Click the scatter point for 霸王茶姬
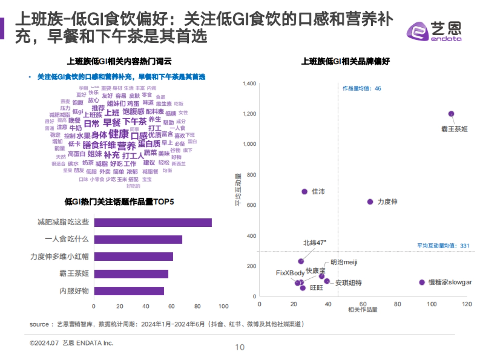pos(451,114)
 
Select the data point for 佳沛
pos(304,192)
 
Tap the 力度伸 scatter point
pos(370,202)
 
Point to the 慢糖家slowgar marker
pos(422,282)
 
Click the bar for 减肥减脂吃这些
pos(153,223)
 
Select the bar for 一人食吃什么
pos(138,240)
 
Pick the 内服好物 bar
pos(129,291)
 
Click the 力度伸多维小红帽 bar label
pos(60,256)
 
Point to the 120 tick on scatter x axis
pos(467,304)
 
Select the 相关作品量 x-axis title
pos(363,310)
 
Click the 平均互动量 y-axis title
pos(237,190)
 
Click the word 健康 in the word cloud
pos(119,134)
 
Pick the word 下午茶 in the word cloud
pos(134,122)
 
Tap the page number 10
pos(240,347)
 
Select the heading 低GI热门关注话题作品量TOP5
pos(119,202)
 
